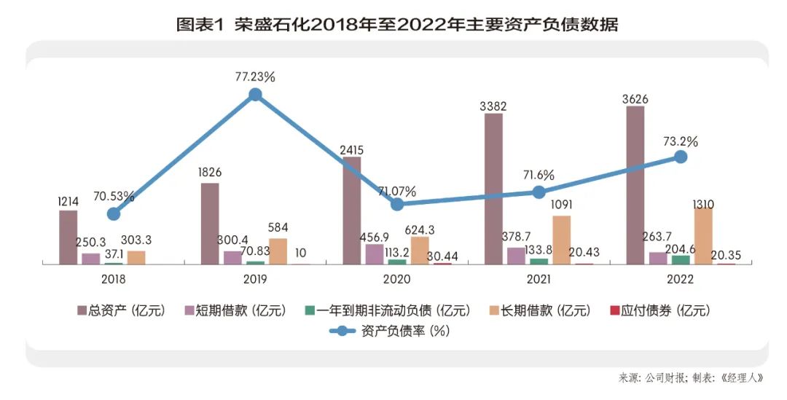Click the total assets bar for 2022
coord(635,185)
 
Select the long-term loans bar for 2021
coord(561,240)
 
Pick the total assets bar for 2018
coord(68,237)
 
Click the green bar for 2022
coord(681,259)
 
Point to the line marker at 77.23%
coord(255,94)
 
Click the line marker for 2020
coord(397,205)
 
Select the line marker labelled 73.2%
coord(681,157)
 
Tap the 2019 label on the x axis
coord(255,280)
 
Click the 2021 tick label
coord(539,280)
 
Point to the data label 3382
coord(493,106)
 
